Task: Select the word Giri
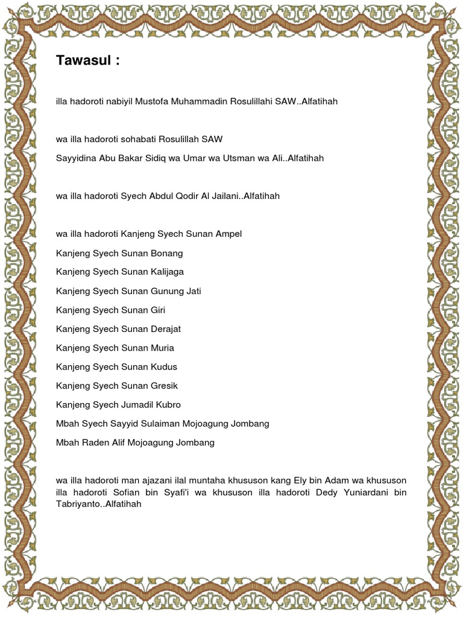tap(157, 310)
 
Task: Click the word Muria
tap(162, 348)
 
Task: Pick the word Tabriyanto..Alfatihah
tap(98, 504)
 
